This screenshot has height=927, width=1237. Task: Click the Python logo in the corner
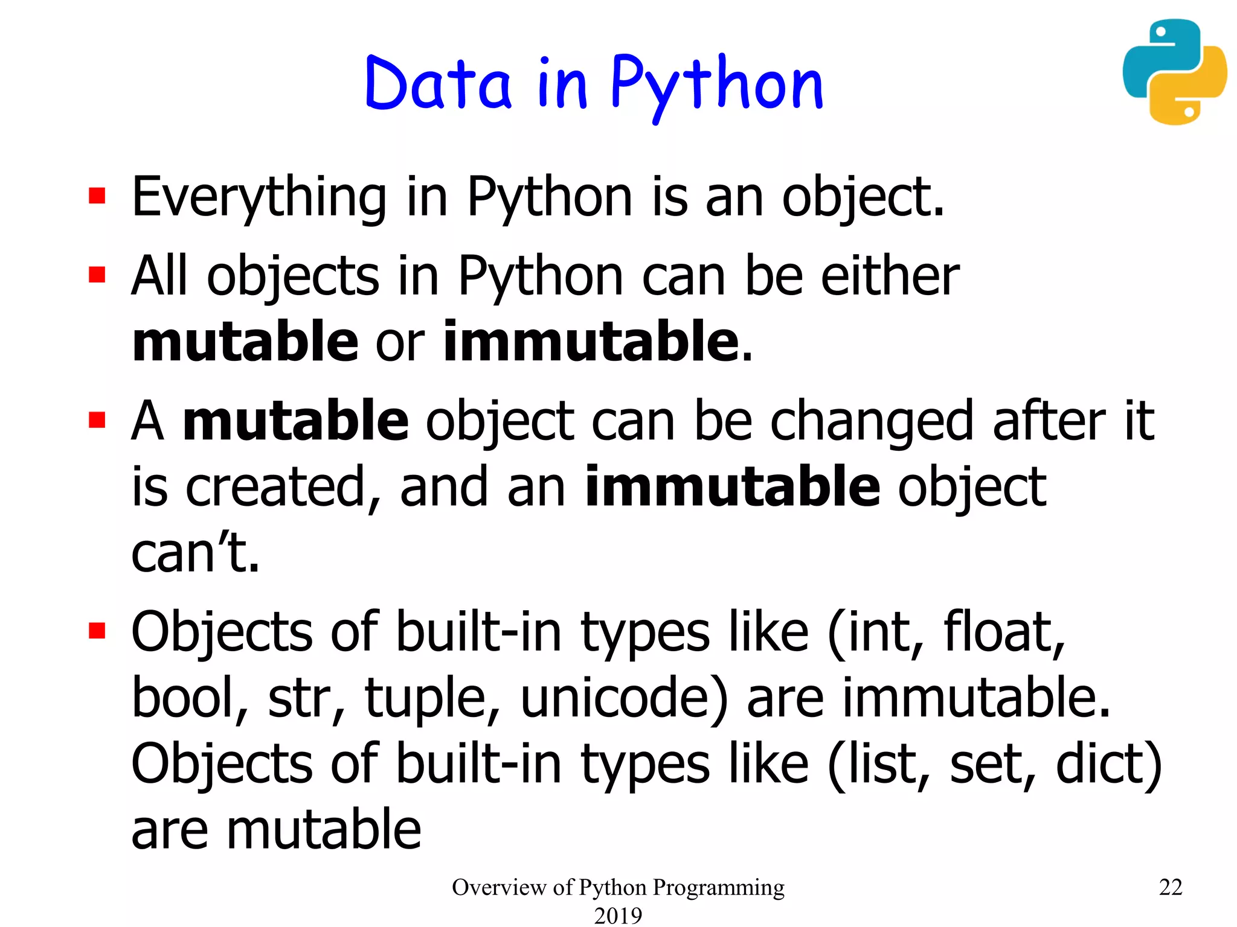click(x=1174, y=72)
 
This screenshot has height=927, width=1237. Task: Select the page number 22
click(x=1171, y=887)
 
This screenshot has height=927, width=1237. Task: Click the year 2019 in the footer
click(x=618, y=915)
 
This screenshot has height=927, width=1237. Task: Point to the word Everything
click(x=259, y=198)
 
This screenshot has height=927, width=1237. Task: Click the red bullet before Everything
click(x=97, y=196)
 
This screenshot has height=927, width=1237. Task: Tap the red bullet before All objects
click(x=97, y=275)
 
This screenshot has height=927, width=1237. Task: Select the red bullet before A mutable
click(x=97, y=419)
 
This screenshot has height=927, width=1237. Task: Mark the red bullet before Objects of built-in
click(x=97, y=630)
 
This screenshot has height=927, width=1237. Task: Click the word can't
click(x=195, y=553)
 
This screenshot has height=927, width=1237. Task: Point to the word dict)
click(x=1108, y=765)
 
